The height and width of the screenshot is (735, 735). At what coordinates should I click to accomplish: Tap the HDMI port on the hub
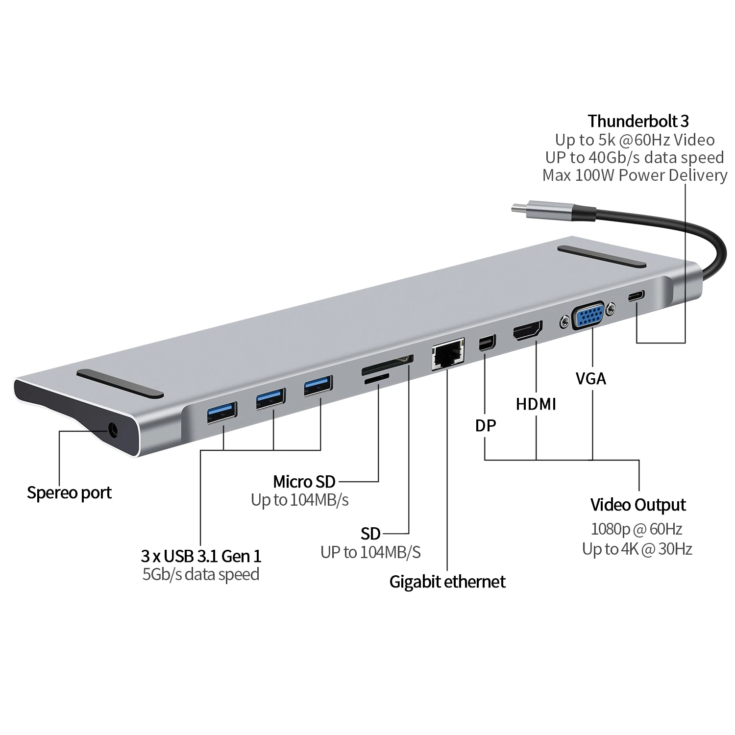tap(528, 332)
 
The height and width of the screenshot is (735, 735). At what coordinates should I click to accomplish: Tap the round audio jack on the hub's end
tap(113, 431)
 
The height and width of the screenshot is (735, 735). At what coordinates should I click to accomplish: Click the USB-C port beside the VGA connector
tap(637, 296)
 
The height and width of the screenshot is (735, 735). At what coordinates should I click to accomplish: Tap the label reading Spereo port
tap(69, 492)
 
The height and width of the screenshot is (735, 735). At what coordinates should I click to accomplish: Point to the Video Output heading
tap(637, 505)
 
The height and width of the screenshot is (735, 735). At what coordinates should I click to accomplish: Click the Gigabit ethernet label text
tap(447, 582)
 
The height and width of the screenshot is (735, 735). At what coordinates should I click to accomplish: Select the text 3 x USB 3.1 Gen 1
tap(201, 556)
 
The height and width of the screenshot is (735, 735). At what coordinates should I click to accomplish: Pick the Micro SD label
tap(304, 482)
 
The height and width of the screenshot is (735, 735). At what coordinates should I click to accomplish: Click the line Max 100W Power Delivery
tap(635, 175)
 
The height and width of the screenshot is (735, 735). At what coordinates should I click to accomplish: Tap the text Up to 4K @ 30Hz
tap(637, 549)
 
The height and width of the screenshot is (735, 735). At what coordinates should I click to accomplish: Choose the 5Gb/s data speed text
tap(201, 574)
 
